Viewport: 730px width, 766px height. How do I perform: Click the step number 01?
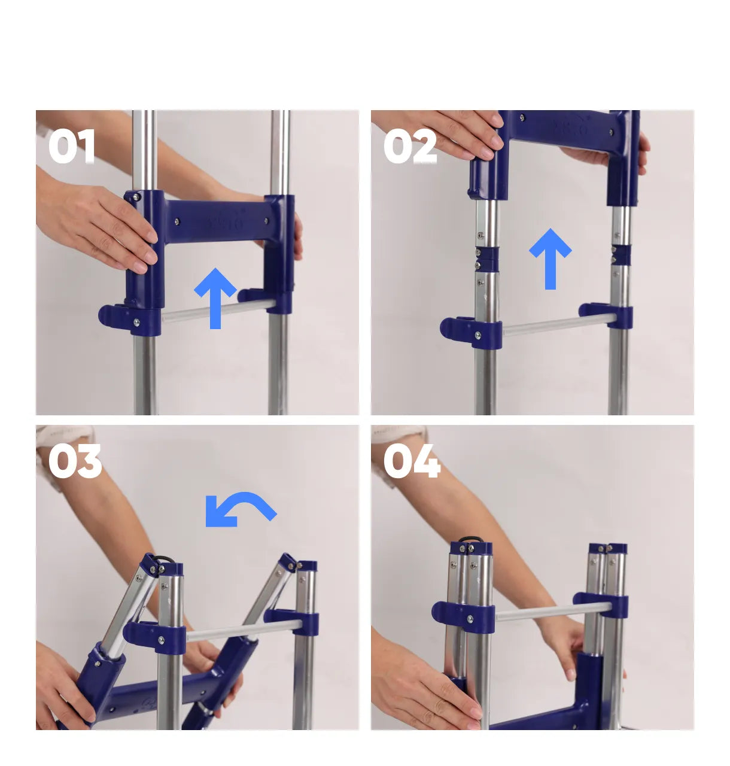click(x=72, y=146)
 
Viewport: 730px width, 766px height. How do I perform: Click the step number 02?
click(x=410, y=146)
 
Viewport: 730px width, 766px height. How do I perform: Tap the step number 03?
click(x=75, y=461)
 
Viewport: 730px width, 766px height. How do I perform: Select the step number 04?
click(x=412, y=461)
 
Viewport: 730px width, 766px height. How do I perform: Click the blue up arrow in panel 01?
click(x=215, y=298)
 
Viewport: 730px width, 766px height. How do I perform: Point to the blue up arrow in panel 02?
click(x=550, y=259)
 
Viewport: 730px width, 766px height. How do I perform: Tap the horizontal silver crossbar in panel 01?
click(x=220, y=311)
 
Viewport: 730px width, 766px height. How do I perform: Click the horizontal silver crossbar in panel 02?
click(x=560, y=326)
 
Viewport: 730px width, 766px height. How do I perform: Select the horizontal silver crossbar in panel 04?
click(x=553, y=612)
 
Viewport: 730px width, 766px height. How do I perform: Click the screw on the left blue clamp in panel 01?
click(x=137, y=322)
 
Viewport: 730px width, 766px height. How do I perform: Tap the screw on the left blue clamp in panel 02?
click(x=478, y=335)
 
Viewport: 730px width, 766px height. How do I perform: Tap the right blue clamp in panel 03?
click(x=291, y=621)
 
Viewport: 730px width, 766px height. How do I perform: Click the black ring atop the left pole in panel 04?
click(x=470, y=539)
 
